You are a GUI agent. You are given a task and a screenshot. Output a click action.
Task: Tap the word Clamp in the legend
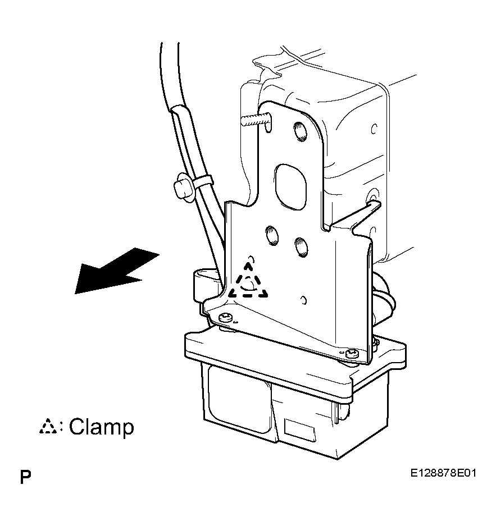[x=101, y=427]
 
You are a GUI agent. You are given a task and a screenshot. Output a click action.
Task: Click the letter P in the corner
[x=25, y=477]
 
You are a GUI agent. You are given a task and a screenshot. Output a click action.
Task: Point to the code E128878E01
[x=443, y=473]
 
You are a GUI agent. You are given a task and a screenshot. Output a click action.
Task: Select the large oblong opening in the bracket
[x=290, y=187]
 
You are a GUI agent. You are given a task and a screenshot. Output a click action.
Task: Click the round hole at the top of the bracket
[x=300, y=131]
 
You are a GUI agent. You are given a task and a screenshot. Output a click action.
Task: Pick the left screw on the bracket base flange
[x=225, y=317]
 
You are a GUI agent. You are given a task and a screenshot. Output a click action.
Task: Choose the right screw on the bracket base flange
[x=352, y=353]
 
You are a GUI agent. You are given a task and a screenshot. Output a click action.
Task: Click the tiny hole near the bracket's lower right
[x=304, y=300]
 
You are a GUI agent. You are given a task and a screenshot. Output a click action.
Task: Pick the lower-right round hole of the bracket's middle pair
[x=301, y=247]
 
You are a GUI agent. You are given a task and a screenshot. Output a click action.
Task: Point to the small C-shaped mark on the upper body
[x=374, y=129]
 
